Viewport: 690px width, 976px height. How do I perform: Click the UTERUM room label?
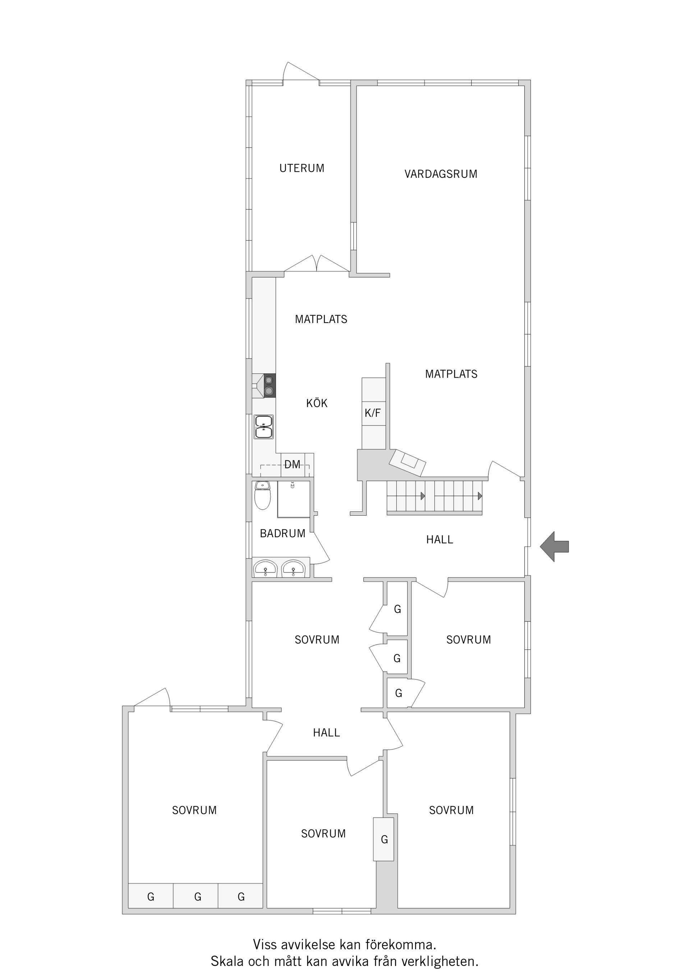click(x=302, y=168)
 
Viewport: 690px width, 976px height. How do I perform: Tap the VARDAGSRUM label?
click(x=441, y=174)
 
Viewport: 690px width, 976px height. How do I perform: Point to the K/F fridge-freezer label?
click(x=373, y=413)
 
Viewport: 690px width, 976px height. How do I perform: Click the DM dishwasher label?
click(x=292, y=465)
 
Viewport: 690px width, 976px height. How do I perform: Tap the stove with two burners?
click(x=269, y=386)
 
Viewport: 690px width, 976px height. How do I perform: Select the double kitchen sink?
click(x=263, y=427)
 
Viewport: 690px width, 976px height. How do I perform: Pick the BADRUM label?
click(x=283, y=534)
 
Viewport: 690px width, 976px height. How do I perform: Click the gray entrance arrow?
click(x=555, y=547)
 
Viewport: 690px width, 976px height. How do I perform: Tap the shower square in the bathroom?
click(x=294, y=499)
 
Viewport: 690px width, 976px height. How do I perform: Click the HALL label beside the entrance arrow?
click(x=440, y=540)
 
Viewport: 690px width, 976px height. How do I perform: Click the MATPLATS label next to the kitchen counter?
click(x=321, y=319)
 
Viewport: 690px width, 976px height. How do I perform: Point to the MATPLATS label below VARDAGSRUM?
click(x=451, y=374)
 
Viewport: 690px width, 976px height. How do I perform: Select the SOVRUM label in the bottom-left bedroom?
click(x=194, y=810)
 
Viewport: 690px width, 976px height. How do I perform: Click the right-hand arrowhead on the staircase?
click(x=480, y=496)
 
